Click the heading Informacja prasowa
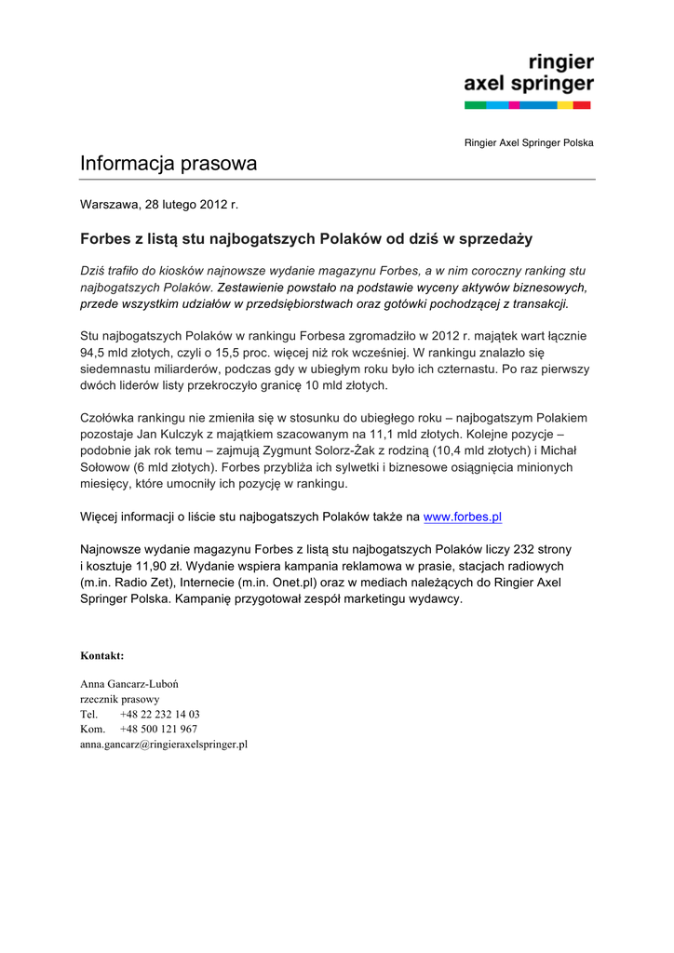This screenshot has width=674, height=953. [168, 164]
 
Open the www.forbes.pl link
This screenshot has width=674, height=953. [463, 517]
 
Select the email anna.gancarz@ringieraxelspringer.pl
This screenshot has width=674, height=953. [164, 745]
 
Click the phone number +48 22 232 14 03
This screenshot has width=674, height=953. [159, 715]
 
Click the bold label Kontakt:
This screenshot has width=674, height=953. [102, 655]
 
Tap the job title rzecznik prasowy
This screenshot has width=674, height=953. [120, 699]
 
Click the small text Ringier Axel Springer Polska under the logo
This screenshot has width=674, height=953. [529, 142]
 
